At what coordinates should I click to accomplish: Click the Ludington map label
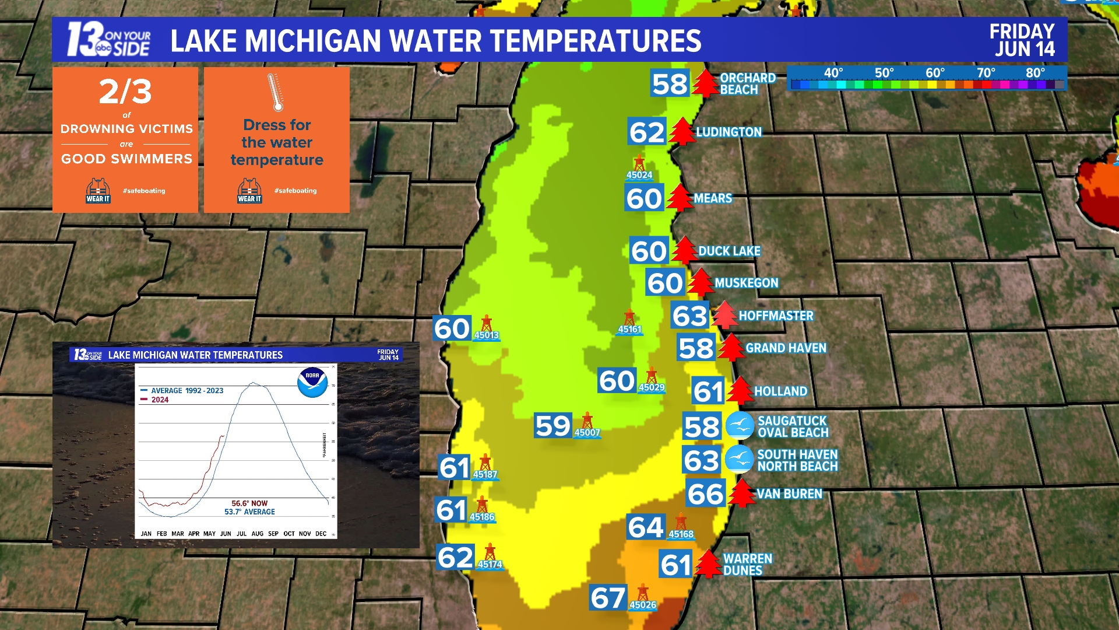coord(729,132)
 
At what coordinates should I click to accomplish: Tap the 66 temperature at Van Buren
coord(705,494)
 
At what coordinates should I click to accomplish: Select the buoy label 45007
coord(587,433)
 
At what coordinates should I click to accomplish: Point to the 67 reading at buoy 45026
coord(608,598)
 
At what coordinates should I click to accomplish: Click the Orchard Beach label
coord(747,84)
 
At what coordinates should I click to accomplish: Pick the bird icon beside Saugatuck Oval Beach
coord(740,426)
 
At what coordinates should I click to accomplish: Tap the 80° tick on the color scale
coord(1035,73)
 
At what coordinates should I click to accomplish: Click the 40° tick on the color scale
coord(833,73)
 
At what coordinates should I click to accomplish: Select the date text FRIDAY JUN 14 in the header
coord(1022,40)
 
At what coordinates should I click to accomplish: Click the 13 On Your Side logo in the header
coord(108,40)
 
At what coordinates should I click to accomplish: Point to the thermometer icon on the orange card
coord(275,92)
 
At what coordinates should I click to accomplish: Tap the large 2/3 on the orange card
coord(125,92)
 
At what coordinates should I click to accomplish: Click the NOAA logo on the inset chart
coord(312,383)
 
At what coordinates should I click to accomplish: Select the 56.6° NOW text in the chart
coord(249,503)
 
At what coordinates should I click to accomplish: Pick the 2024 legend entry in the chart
coord(159,400)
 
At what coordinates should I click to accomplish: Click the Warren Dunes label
coord(747,565)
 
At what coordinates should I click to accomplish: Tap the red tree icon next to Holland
coord(740,391)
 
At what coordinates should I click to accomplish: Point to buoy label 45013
coord(486,335)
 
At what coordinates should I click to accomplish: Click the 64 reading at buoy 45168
coord(645,527)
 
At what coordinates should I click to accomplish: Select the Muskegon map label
coord(746,283)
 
